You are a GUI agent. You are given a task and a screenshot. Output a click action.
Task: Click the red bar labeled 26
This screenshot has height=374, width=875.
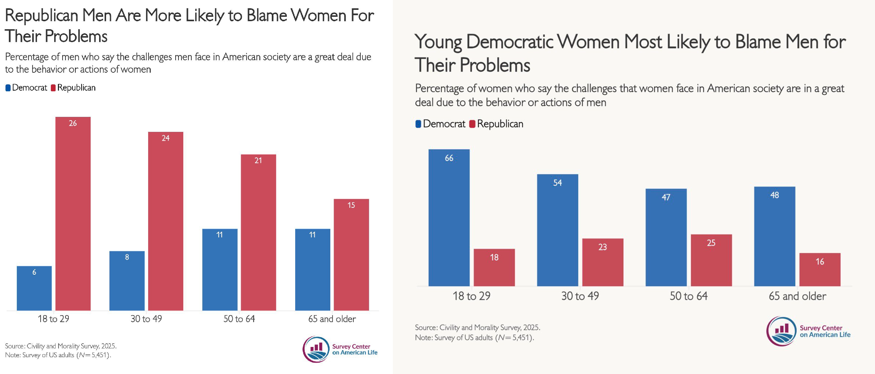73,214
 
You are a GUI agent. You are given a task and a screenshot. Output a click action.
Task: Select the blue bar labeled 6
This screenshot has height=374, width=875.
34,288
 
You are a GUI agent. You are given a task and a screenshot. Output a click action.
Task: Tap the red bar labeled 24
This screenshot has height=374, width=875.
166,221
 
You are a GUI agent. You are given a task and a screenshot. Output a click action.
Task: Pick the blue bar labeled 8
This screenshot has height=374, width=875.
127,280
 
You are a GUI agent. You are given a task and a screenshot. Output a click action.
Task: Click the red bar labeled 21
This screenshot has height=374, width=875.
258,232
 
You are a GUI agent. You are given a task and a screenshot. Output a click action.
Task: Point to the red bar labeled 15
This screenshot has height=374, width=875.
351,255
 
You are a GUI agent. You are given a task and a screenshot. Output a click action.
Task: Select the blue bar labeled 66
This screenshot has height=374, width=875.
449,218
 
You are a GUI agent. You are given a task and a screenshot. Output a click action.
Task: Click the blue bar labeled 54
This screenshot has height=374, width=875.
557,230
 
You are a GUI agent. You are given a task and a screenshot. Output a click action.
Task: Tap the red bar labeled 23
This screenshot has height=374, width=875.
603,262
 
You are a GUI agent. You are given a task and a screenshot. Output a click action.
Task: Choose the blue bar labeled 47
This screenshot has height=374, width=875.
666,237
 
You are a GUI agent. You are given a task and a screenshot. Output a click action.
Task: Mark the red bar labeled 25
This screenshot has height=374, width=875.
711,260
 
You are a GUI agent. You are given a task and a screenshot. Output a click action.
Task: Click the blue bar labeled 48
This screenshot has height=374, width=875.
775,236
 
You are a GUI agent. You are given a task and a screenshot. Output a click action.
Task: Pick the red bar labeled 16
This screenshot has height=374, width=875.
820,270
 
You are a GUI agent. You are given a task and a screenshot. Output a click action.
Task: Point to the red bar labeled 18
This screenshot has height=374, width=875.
494,267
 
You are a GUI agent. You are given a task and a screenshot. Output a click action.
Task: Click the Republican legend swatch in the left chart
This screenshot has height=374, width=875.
53,88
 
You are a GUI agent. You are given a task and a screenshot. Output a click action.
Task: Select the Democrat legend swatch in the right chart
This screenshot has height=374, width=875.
418,124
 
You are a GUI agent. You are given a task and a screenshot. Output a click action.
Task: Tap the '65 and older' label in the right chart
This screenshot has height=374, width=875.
797,296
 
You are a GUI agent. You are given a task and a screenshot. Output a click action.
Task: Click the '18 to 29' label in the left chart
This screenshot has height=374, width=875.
53,319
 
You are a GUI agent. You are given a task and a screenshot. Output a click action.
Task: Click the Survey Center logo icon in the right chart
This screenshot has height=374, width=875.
781,331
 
